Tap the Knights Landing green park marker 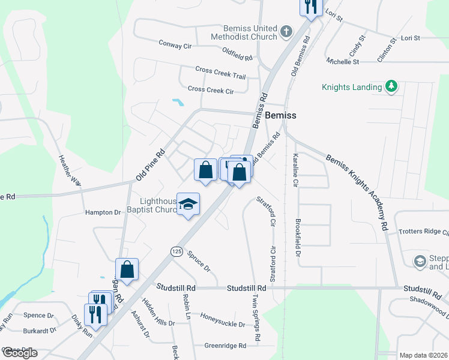[391, 86]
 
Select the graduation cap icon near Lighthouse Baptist [188, 205]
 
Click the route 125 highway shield [176, 251]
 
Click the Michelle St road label [343, 61]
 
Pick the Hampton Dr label [103, 212]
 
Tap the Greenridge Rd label [225, 346]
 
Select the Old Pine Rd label [150, 165]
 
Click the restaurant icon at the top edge [310, 7]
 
